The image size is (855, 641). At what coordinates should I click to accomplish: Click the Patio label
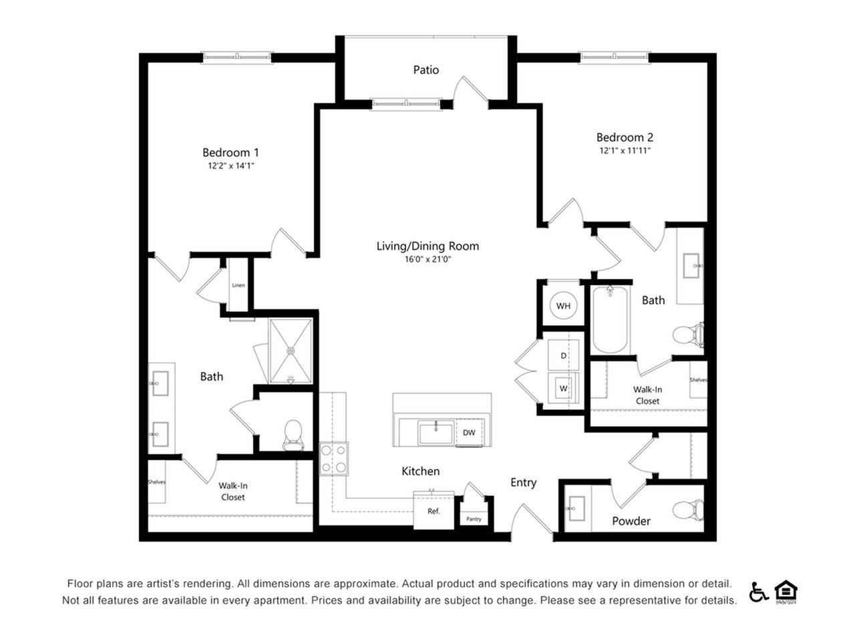[425, 70]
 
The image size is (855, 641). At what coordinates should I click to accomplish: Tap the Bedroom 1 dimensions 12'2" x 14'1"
[230, 166]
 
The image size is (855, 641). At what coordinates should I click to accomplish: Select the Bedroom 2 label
[625, 138]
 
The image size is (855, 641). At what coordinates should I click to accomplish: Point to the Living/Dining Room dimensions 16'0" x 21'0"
[427, 259]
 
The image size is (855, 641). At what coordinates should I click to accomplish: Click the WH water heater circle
[563, 306]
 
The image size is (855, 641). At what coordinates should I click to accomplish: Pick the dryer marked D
[563, 355]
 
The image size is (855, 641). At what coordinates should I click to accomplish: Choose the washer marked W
[563, 388]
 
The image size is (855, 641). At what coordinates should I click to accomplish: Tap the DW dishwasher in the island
[470, 433]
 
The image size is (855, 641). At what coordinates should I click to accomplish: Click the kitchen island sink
[436, 433]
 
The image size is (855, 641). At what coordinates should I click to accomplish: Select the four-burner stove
[334, 459]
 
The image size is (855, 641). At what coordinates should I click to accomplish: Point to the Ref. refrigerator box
[434, 511]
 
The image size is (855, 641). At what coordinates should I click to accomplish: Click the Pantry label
[474, 519]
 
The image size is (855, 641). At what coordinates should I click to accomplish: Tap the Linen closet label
[238, 285]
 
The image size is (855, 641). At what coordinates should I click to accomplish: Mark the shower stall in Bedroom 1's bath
[291, 351]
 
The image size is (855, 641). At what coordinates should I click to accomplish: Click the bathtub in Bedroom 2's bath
[610, 320]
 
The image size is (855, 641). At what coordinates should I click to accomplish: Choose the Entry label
[524, 483]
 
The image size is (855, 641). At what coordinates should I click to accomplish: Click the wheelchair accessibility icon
[758, 592]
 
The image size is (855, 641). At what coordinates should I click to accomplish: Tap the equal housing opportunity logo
[786, 592]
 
